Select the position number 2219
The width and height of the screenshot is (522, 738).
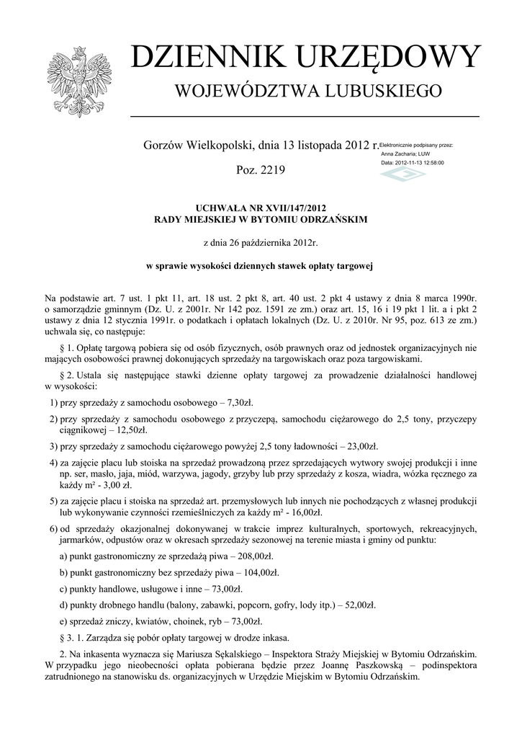click(271, 170)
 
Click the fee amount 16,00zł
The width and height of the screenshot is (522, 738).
click(302, 512)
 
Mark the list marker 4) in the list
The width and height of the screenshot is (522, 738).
click(53, 462)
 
